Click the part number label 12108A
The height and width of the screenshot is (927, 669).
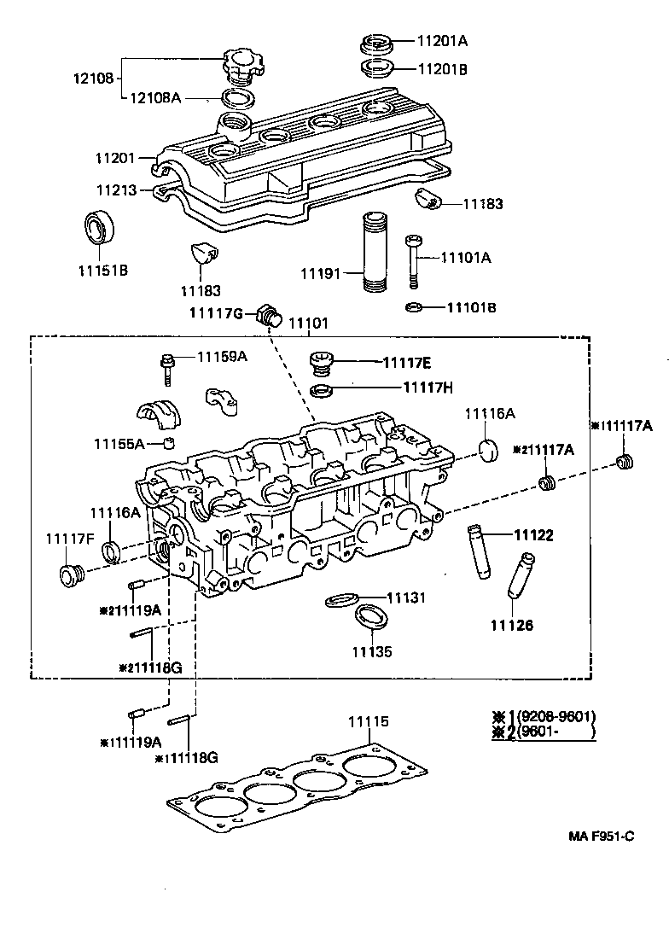pos(155,98)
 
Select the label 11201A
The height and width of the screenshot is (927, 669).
pos(442,40)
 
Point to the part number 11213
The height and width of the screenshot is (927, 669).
pos(115,190)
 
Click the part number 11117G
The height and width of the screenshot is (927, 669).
pos(217,314)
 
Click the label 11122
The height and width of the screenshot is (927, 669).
pos(533,536)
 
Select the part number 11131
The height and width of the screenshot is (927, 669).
pos(406,598)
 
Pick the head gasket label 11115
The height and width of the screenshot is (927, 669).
pos(368,721)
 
